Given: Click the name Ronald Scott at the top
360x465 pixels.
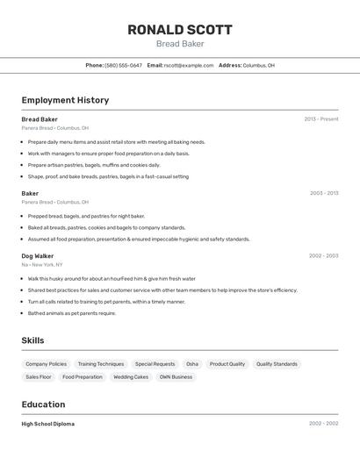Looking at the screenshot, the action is click(x=180, y=29).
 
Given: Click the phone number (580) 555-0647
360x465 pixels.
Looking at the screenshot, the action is click(x=123, y=65).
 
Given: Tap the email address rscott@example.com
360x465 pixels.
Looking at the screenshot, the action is click(x=189, y=65).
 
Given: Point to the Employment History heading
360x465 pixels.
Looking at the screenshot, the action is click(x=65, y=100).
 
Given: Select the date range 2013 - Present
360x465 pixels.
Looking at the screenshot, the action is click(x=321, y=119).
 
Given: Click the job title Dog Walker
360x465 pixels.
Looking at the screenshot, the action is click(x=38, y=256).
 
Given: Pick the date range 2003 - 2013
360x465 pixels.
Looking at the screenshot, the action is click(x=324, y=193).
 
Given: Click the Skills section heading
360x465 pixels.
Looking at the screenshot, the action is click(x=32, y=340).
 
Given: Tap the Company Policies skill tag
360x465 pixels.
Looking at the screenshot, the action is click(x=46, y=364).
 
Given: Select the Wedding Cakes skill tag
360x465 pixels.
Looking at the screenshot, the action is click(x=131, y=377).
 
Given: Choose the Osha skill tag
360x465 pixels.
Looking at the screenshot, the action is click(x=192, y=364).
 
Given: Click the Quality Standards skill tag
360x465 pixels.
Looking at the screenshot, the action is click(x=277, y=364).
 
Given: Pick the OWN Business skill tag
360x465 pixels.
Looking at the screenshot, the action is click(x=176, y=377).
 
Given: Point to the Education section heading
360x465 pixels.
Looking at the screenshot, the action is click(x=43, y=404).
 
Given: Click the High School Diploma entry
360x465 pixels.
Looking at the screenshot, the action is click(x=48, y=424).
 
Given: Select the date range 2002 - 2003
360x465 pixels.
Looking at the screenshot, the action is click(x=324, y=256).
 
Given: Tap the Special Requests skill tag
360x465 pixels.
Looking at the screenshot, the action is click(x=155, y=364).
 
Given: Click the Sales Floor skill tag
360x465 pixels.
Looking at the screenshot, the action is click(x=39, y=377).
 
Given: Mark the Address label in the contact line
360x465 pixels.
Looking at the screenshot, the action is click(x=230, y=65).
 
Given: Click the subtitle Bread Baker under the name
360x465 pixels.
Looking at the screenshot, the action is click(x=180, y=44).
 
